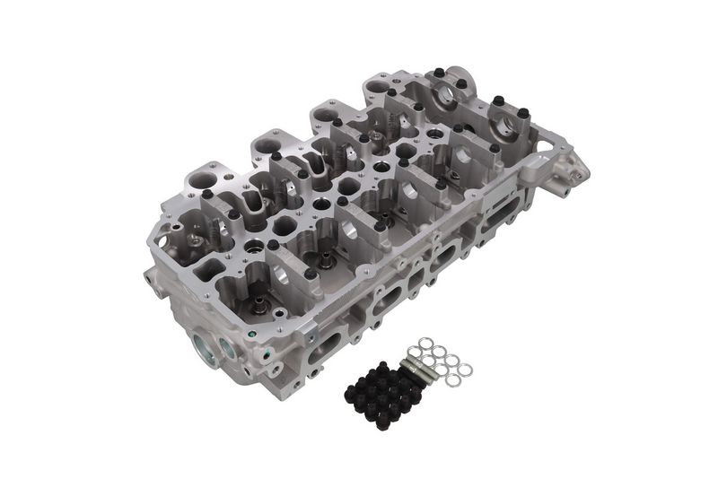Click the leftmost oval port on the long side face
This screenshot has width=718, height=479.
click(323, 346)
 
